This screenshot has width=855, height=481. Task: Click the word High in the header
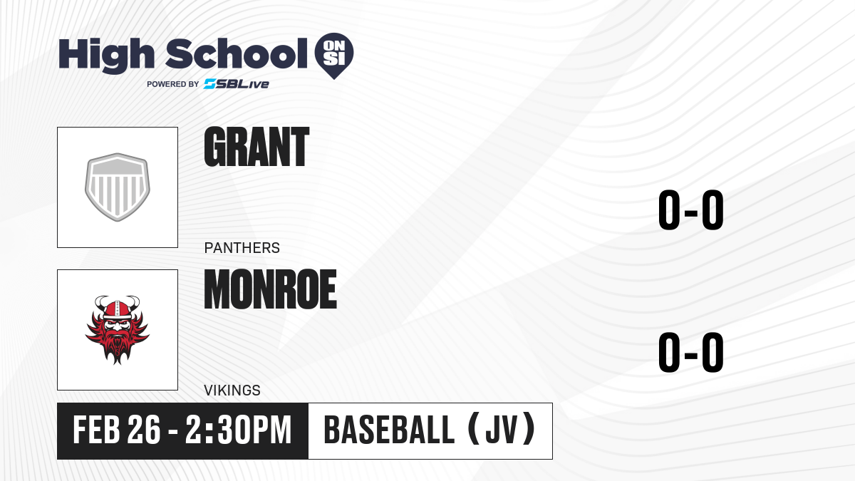(107, 56)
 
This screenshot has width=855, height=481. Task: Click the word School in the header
(237, 53)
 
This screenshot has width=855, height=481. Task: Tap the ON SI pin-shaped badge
(334, 56)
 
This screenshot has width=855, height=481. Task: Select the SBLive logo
(237, 84)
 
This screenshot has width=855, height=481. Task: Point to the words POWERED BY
(173, 84)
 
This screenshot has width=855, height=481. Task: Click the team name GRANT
(256, 147)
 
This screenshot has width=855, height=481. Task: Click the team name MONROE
(270, 289)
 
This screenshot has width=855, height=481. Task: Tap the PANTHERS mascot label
(242, 248)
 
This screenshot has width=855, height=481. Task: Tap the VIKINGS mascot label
(232, 391)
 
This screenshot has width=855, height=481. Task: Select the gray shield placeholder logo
(118, 187)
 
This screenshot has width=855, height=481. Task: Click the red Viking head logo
(118, 330)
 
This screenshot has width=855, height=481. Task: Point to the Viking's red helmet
(117, 309)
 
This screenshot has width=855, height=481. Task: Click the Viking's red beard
(117, 346)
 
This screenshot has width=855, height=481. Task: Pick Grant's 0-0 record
(691, 210)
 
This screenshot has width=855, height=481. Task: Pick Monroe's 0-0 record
(691, 352)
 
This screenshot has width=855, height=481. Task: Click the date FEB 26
(116, 430)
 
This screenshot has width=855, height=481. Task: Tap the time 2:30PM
(239, 430)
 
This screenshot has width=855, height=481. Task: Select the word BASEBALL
(389, 430)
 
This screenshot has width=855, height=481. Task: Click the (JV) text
(502, 430)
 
